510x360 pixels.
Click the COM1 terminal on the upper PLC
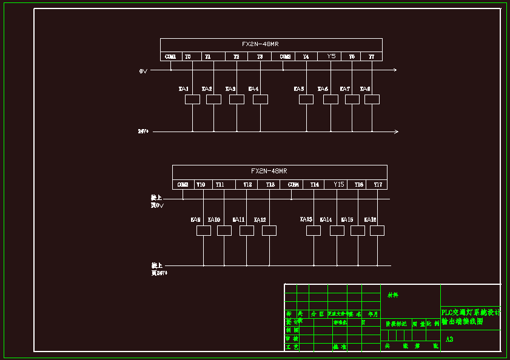pyautogui.click(x=170, y=56)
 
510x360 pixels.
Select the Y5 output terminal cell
pyautogui.click(x=331, y=56)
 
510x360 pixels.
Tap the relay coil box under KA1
pyautogui.click(x=192, y=99)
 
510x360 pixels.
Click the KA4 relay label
pyautogui.click(x=253, y=89)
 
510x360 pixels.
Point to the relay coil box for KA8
pyautogui.click(x=372, y=99)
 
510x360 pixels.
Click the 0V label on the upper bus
pyautogui.click(x=143, y=71)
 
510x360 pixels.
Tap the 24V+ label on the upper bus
pyautogui.click(x=143, y=131)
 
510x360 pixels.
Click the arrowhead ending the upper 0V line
pyautogui.click(x=395, y=70)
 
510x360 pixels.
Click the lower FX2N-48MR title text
pyautogui.click(x=269, y=171)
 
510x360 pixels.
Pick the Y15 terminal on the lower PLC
pyautogui.click(x=338, y=184)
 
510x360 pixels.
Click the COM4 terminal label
pyautogui.click(x=294, y=184)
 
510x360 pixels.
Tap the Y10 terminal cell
pyautogui.click(x=201, y=184)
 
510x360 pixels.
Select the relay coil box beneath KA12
pyautogui.click(x=269, y=230)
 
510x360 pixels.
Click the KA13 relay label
pyautogui.click(x=306, y=219)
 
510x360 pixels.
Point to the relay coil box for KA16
pyautogui.click(x=377, y=230)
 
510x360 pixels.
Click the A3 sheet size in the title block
pyautogui.click(x=449, y=339)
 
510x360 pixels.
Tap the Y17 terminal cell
pyautogui.click(x=378, y=184)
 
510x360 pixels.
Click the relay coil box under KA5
pyautogui.click(x=306, y=99)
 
